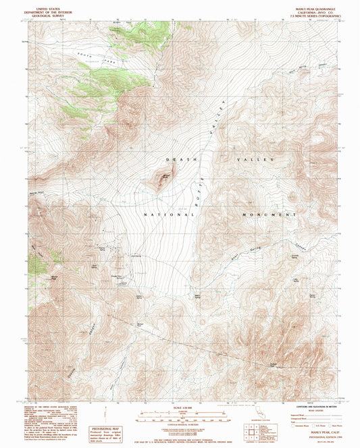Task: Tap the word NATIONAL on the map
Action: [x=169, y=214]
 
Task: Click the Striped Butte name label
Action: [x=164, y=173]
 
